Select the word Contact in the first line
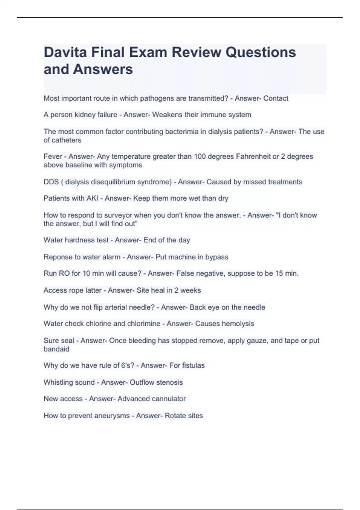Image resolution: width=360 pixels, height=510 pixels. (x=276, y=98)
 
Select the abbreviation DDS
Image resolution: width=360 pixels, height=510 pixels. (x=51, y=182)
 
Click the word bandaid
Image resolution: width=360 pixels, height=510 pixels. (x=56, y=349)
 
